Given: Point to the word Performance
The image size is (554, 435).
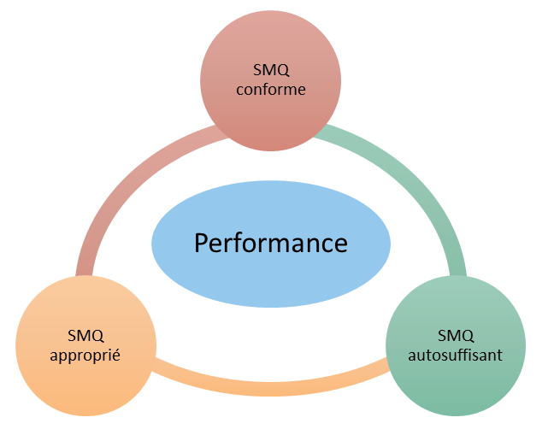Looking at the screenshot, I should tap(271, 244).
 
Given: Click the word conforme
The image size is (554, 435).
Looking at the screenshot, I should tap(271, 89).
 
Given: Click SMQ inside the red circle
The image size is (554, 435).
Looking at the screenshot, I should tap(271, 70).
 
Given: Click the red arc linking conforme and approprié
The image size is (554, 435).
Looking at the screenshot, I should tap(120, 188).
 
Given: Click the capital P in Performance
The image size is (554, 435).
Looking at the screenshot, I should tap(201, 244).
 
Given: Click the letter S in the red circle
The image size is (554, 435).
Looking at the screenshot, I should tap(257, 70).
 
